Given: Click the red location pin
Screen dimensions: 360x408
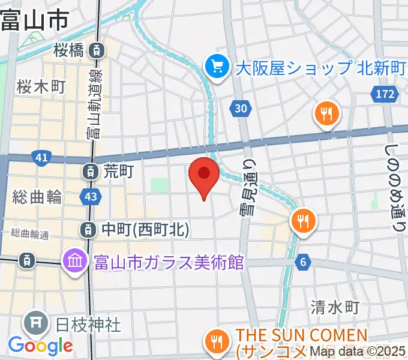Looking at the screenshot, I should coord(203,175).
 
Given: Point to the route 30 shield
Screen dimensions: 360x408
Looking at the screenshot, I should coord(240,108).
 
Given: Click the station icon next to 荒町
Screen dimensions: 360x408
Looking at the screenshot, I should coord(89,172).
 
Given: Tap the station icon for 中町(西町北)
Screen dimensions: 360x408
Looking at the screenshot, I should coord(88,229).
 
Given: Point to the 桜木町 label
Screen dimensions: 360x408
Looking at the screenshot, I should coord(41,86).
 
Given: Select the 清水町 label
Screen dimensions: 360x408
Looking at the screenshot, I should coord(335,308).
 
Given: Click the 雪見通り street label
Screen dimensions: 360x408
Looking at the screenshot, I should coord(251,187).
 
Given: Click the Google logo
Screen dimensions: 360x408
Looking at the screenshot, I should coord(40,346).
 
